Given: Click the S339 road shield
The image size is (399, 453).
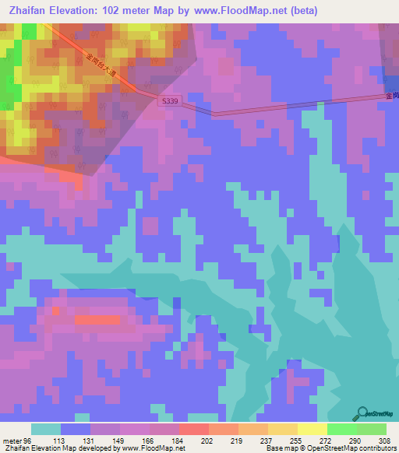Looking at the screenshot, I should coord(169,101).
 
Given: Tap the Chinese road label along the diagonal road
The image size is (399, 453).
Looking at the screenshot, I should coord(100,68).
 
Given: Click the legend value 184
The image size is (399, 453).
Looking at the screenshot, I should coord(178,440).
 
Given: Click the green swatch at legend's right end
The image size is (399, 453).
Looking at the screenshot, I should coord(372,429).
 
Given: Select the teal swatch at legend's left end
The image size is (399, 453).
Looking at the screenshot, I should coord(46,429).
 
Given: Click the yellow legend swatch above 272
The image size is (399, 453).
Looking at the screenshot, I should coord(312,429).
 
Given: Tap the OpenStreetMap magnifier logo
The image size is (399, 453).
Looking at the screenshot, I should coord(363,413).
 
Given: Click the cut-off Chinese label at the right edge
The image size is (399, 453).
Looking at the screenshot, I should coord(392,96).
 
